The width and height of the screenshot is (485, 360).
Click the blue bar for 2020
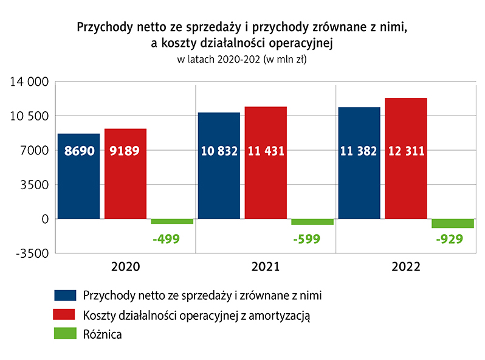(78, 176)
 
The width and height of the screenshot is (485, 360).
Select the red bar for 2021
(266, 162)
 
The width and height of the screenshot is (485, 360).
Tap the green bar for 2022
(453, 223)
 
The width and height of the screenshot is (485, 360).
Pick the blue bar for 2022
(359, 163)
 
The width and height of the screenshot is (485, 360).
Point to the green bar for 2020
(172, 221)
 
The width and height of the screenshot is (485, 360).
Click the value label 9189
(125, 152)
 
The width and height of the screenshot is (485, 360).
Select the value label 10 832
(219, 152)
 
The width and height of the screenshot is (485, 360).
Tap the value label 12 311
(405, 152)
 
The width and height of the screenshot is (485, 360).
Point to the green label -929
(450, 239)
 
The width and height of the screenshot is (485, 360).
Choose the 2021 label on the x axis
(266, 266)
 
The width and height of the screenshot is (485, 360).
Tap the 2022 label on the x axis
(405, 266)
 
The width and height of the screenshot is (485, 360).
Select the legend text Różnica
(102, 334)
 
